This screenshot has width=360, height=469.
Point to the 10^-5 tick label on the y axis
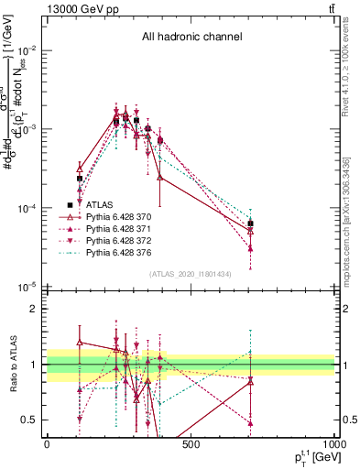tap(29, 288)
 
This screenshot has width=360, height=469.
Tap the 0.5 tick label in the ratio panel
tap(34, 420)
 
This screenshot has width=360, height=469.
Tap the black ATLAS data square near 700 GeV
tap(250, 224)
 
